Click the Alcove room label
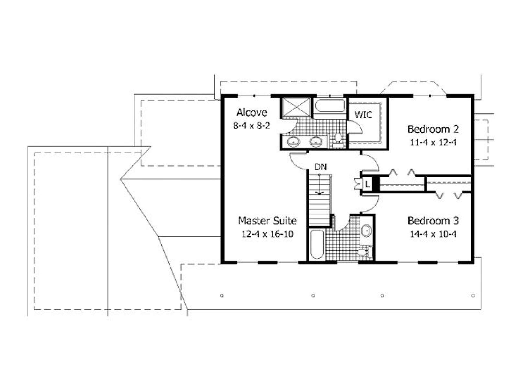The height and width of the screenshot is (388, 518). [x=252, y=113]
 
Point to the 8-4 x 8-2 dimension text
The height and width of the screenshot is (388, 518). [x=252, y=126]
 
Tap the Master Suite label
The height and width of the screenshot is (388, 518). [x=267, y=221]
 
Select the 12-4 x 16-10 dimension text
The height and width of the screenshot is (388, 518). [x=267, y=234]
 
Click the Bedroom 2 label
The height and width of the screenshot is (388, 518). [x=433, y=129]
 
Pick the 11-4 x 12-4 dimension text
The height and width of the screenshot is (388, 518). [x=433, y=142]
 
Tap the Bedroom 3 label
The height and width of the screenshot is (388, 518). [x=433, y=221]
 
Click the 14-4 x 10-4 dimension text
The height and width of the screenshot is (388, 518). [x=433, y=234]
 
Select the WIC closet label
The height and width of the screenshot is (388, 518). [x=364, y=115]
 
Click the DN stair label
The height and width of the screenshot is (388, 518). [x=321, y=167]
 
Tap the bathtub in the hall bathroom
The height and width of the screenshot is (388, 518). [x=317, y=244]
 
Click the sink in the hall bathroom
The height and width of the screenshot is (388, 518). [x=366, y=230]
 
